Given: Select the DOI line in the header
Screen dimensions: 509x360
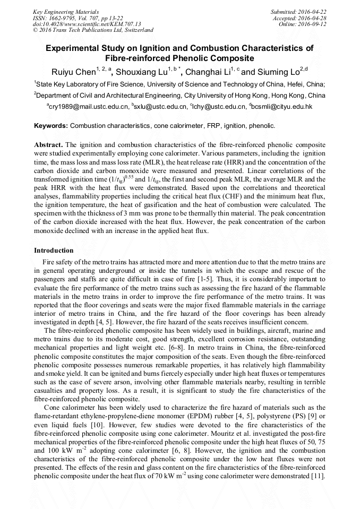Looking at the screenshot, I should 87,24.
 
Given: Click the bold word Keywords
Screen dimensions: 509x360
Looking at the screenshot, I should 50,126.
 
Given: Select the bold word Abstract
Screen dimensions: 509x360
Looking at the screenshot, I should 49,144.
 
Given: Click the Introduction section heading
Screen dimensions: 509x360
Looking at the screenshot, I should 54,250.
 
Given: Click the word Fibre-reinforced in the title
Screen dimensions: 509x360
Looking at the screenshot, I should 137,58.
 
